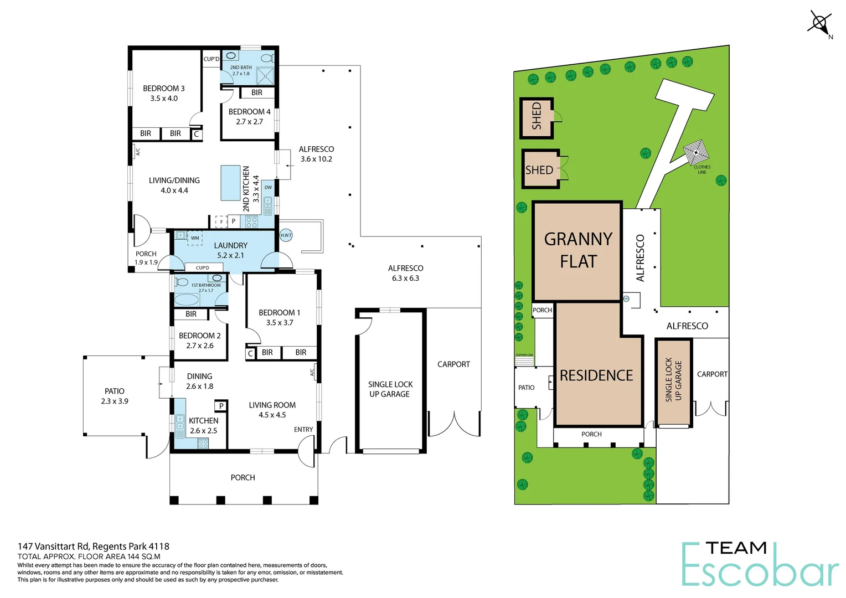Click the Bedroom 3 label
(x=163, y=93)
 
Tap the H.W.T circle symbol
(x=286, y=235)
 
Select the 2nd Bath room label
(x=241, y=70)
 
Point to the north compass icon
(x=819, y=24)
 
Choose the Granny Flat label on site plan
(x=578, y=250)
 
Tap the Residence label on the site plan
(x=596, y=375)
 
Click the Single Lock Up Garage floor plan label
(x=390, y=389)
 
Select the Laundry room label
(x=230, y=250)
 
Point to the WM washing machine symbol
(x=195, y=239)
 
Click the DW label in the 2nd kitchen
(x=268, y=188)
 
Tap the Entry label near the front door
(x=303, y=430)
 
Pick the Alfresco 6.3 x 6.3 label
(x=405, y=273)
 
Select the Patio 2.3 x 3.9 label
(x=115, y=396)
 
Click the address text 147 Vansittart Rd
(x=93, y=546)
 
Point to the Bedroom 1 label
(x=279, y=317)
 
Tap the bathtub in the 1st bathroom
(x=187, y=300)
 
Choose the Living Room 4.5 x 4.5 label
(x=272, y=410)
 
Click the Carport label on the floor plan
(x=453, y=364)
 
